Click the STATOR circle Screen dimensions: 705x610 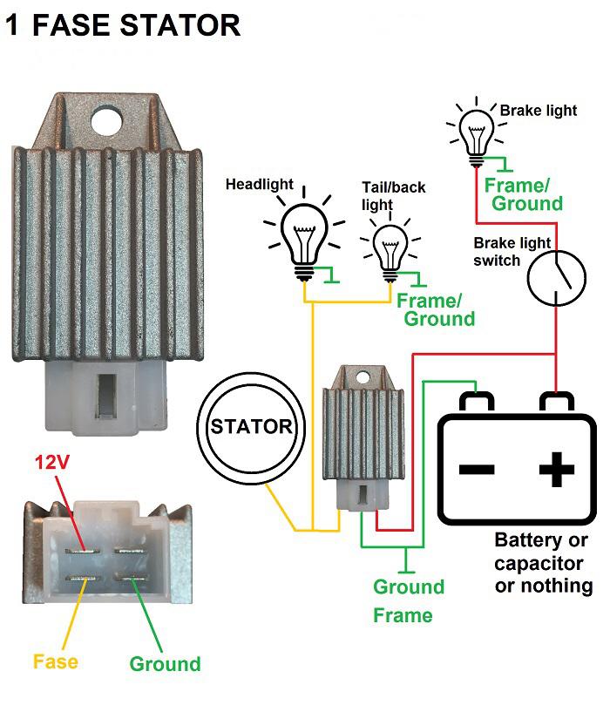pyautogui.click(x=251, y=426)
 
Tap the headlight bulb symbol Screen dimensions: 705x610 pyautogui.click(x=302, y=233)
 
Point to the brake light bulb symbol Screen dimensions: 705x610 pyautogui.click(x=476, y=131)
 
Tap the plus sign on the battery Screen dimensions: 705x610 pyautogui.click(x=556, y=471)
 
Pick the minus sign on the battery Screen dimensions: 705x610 pyautogui.click(x=477, y=471)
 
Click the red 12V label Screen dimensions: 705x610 pyautogui.click(x=51, y=462)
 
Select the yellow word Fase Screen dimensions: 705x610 pyautogui.click(x=56, y=661)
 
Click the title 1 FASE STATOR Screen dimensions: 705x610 pyautogui.click(x=122, y=25)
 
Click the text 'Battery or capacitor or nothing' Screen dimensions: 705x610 pyautogui.click(x=544, y=561)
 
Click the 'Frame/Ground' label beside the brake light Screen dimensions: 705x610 pyautogui.click(x=523, y=194)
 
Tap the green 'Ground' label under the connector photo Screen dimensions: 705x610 pyautogui.click(x=165, y=664)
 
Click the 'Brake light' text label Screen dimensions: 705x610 pyautogui.click(x=539, y=111)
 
